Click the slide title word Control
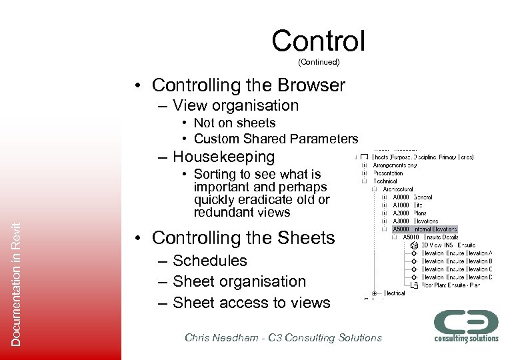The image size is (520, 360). point(318,41)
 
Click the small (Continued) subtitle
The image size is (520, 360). point(319,62)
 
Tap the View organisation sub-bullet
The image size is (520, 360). point(235,105)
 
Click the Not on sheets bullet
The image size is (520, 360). point(234,123)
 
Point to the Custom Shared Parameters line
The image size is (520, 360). point(275,139)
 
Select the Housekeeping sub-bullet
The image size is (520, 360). point(223,157)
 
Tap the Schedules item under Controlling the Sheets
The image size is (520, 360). point(209,261)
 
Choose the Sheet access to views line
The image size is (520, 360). point(251,303)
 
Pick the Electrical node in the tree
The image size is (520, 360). point(393,293)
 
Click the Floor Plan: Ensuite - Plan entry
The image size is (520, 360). point(450,285)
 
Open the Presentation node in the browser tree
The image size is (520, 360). point(387,173)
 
